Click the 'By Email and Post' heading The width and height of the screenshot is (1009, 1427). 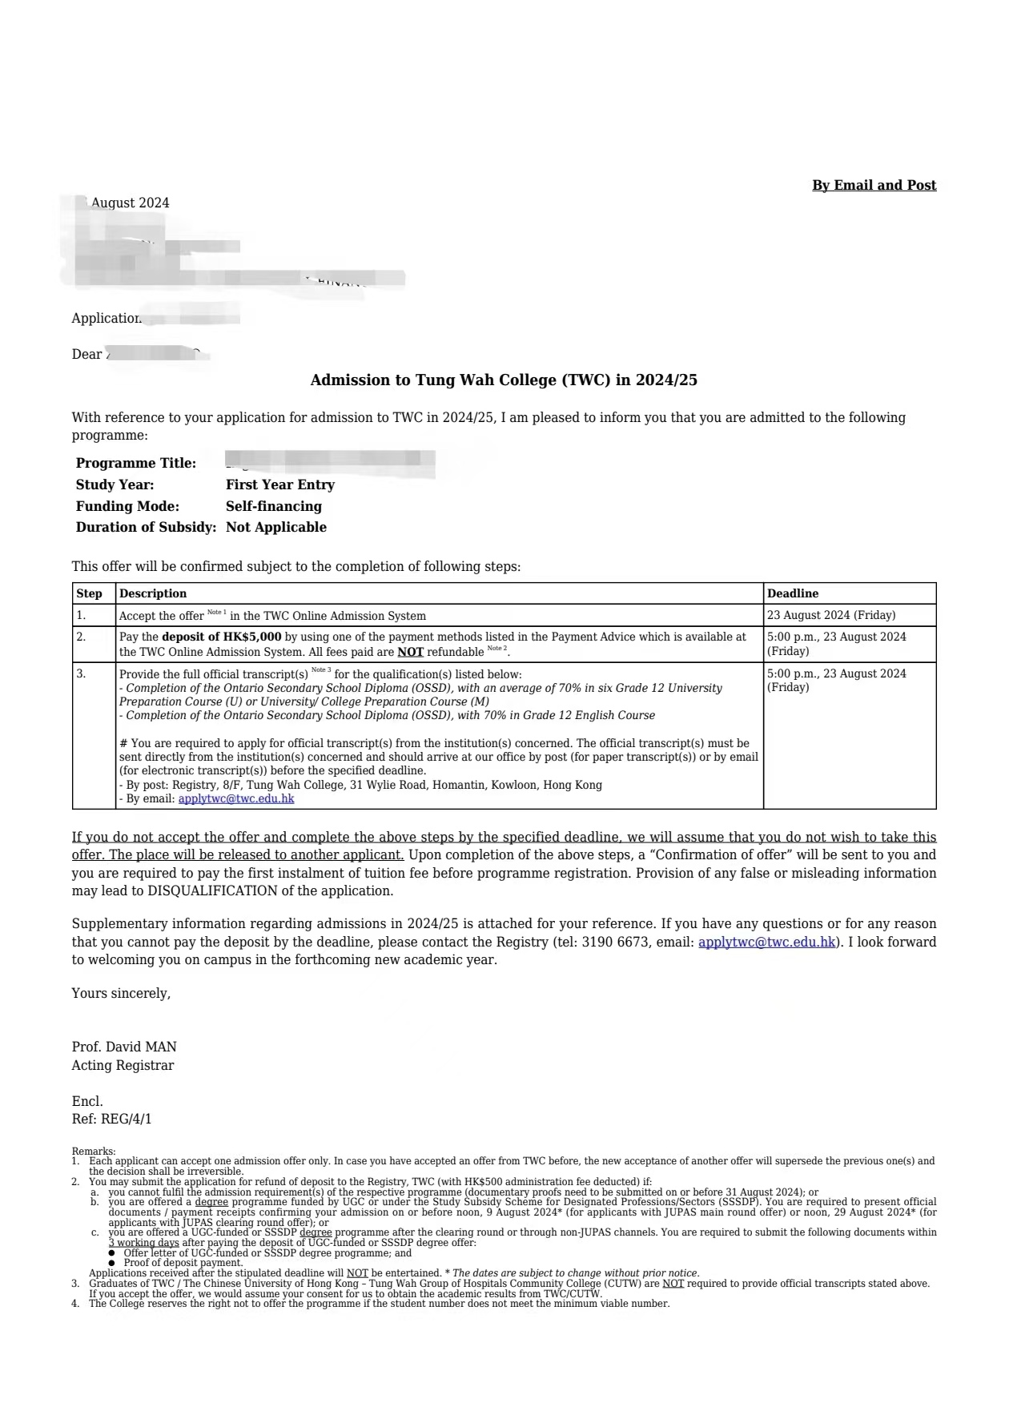(874, 185)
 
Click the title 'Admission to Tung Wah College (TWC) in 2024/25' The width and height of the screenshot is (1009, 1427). (504, 380)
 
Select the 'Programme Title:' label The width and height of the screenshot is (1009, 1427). (135, 463)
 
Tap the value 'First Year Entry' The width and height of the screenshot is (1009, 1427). (279, 484)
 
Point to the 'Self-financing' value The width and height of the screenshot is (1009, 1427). (273, 506)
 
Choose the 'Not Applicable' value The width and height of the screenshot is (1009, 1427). (275, 527)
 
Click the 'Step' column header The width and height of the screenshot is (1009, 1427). (89, 593)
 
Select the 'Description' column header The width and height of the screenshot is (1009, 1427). (152, 593)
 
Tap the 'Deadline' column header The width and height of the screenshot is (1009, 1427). (792, 593)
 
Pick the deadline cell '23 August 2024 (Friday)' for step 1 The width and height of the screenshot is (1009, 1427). (830, 615)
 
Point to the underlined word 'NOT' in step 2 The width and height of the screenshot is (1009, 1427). (410, 652)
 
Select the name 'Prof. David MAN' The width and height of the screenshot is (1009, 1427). (124, 1047)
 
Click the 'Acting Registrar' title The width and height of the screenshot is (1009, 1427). (123, 1065)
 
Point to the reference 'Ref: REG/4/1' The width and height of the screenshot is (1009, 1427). (111, 1119)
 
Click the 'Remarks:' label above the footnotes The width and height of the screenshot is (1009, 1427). (93, 1151)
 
